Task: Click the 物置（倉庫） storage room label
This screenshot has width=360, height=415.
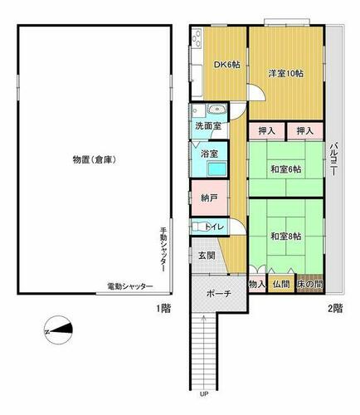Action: click(x=94, y=160)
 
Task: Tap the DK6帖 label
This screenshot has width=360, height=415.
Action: click(x=226, y=65)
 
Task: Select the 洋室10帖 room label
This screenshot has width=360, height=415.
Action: click(x=286, y=74)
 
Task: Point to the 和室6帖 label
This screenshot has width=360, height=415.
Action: click(x=286, y=169)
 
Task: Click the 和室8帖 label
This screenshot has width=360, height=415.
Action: click(x=286, y=237)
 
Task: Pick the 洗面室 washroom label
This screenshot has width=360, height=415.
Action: click(x=208, y=126)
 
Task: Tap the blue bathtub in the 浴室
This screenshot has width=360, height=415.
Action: click(x=217, y=168)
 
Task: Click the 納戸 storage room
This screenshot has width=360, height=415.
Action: click(x=209, y=198)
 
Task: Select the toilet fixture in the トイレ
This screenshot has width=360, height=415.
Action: click(x=197, y=227)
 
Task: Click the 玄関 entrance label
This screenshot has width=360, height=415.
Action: click(x=207, y=256)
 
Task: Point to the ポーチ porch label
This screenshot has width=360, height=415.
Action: click(x=219, y=294)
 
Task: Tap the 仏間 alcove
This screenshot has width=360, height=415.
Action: click(x=281, y=284)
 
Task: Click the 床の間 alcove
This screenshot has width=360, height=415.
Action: click(x=310, y=284)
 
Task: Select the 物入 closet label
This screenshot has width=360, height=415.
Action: click(x=257, y=284)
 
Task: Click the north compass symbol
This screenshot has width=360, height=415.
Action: click(x=58, y=330)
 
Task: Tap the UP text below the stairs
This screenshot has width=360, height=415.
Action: click(x=203, y=394)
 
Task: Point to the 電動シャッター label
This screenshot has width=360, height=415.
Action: click(x=130, y=286)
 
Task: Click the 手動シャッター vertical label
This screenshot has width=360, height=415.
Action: click(x=163, y=249)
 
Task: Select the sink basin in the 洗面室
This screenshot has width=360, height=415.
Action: click(x=217, y=110)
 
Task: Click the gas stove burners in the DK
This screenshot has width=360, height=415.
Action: click(x=197, y=37)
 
